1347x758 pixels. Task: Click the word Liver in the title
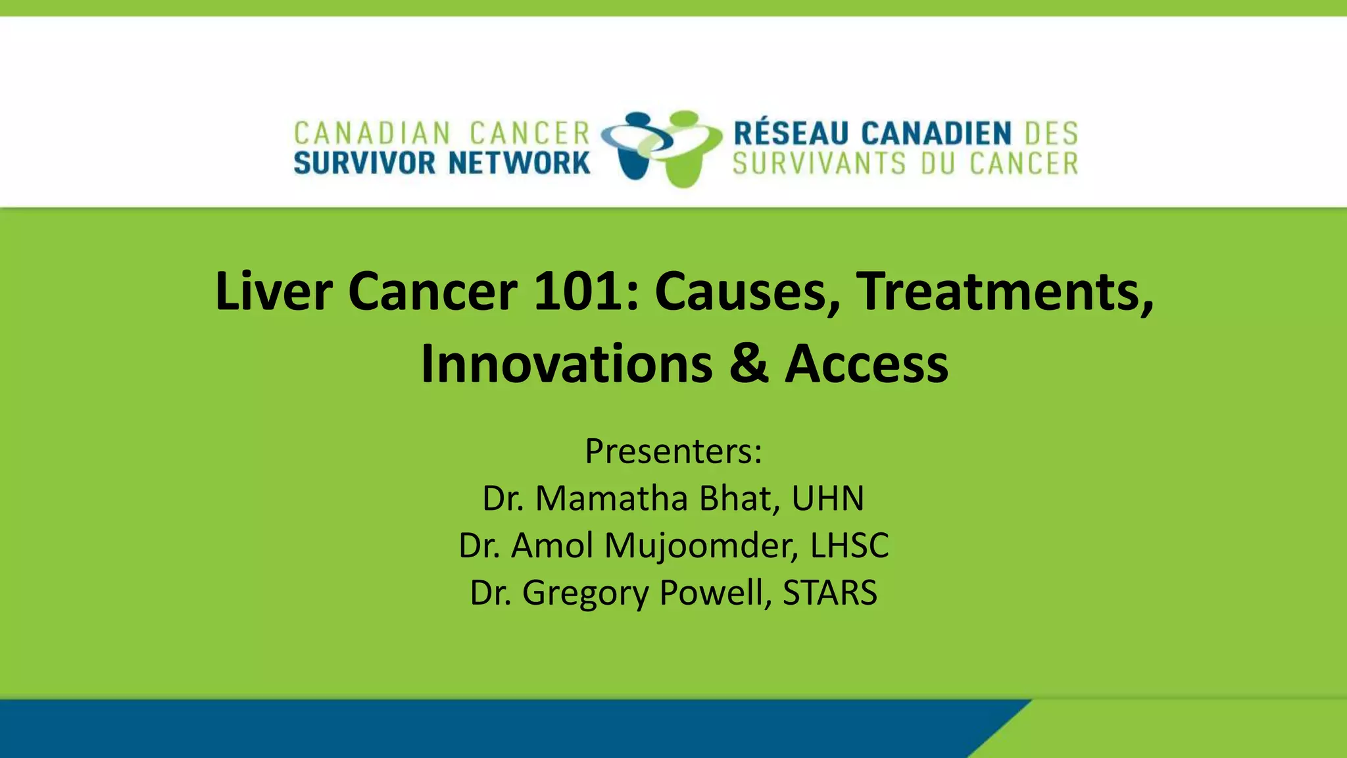273,291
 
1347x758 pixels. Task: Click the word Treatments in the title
1004,291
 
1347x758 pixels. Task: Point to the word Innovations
566,364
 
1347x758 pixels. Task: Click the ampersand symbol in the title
748,364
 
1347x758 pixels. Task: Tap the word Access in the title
866,364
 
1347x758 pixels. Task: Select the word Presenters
673,451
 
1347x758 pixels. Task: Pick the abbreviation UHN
827,498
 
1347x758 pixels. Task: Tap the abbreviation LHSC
849,545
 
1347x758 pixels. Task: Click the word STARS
829,592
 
